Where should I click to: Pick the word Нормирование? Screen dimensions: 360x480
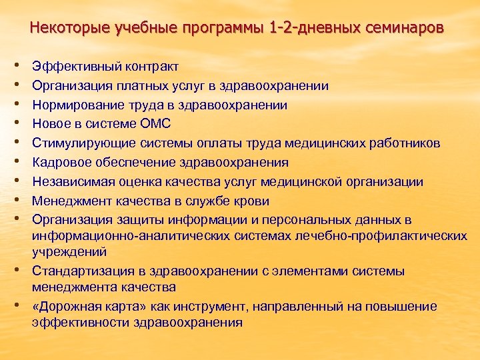coord(74,105)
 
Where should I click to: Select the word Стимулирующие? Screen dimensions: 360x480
coord(79,143)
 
